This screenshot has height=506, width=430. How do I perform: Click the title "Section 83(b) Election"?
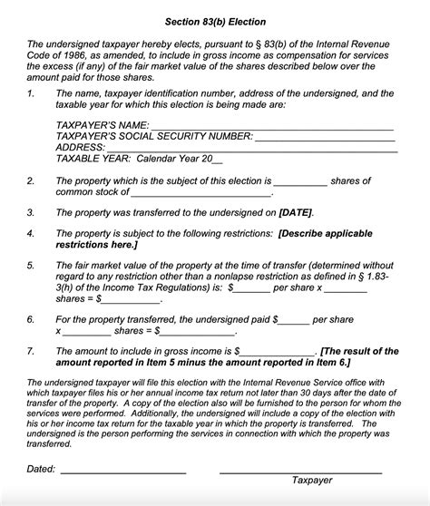[215, 21]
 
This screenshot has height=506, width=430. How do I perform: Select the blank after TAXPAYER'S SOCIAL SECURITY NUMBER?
[324, 139]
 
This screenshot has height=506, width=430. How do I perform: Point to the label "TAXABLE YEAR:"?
[93, 159]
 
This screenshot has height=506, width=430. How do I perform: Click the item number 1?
[32, 93]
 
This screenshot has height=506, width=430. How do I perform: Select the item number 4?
[32, 234]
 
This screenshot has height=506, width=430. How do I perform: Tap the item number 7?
[32, 351]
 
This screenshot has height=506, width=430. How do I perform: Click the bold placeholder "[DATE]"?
[289, 213]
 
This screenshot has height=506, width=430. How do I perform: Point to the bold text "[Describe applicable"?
[325, 234]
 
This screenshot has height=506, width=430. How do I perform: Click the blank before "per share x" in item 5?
[252, 289]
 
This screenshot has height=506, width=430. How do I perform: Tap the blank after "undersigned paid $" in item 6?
[293, 322]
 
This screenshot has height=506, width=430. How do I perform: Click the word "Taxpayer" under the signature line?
[312, 482]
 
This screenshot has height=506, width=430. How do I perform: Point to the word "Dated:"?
[42, 470]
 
